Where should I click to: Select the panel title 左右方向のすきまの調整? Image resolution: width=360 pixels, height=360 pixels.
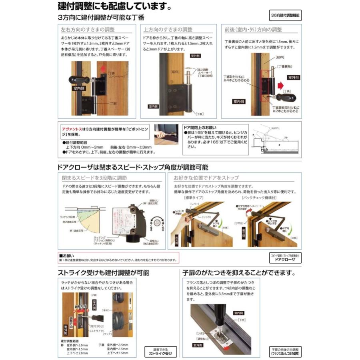[x=88, y=30]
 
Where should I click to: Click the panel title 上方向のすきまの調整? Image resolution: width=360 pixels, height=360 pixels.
[x=168, y=30]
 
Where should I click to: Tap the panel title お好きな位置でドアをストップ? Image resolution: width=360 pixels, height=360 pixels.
[x=206, y=178]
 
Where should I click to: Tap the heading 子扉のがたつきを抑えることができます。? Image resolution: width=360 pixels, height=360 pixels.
[x=239, y=273]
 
